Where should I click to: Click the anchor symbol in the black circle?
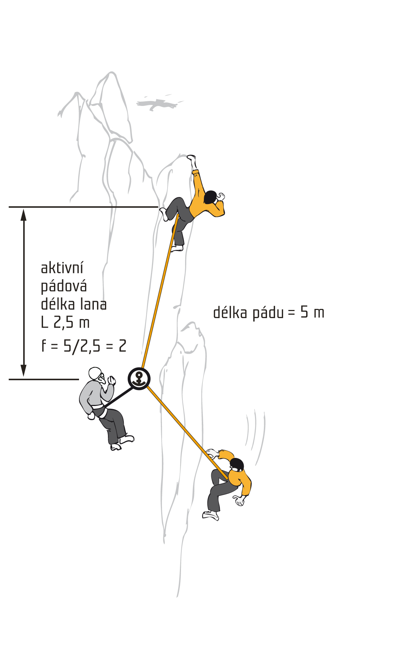point(139,378)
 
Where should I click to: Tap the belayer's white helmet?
point(95,373)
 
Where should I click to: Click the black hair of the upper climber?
point(210,197)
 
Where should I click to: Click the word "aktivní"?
point(62,268)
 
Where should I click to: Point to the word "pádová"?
point(64,286)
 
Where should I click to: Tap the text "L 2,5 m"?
point(65,322)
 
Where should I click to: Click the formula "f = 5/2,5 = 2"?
point(84,346)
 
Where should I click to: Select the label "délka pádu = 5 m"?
point(268,312)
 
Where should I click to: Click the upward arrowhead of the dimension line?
point(24,214)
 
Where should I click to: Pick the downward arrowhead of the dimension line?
point(24,371)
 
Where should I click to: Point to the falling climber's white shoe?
point(211,515)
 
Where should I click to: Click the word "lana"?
point(93,304)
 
